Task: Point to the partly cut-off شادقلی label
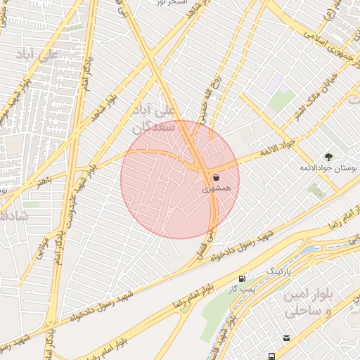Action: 13,216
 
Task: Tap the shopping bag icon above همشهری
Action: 214,177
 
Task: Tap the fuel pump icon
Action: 243,278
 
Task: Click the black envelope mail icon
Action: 286,338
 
